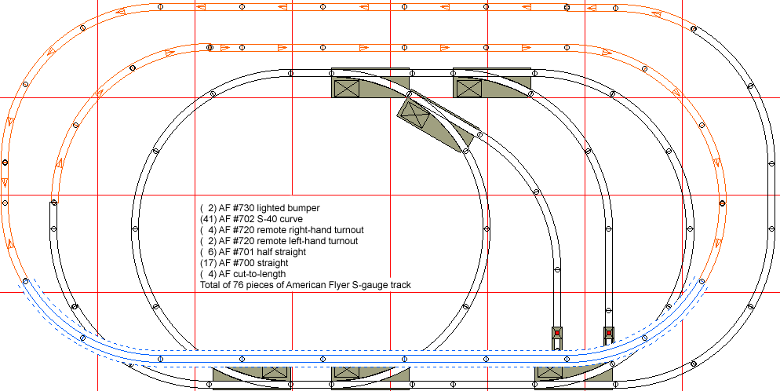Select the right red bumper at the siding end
click(x=608, y=334)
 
